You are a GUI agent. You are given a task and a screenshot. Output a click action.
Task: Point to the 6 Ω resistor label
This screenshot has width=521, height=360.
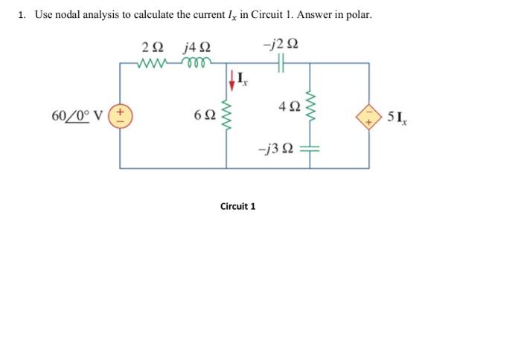pos(203,116)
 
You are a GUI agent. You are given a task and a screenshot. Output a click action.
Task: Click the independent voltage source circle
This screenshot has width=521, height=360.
pos(121,116)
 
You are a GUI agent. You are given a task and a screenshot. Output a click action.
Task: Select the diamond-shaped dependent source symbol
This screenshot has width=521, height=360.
pos(369,116)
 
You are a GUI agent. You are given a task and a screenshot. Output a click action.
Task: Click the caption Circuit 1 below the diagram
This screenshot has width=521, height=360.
pos(237,206)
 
